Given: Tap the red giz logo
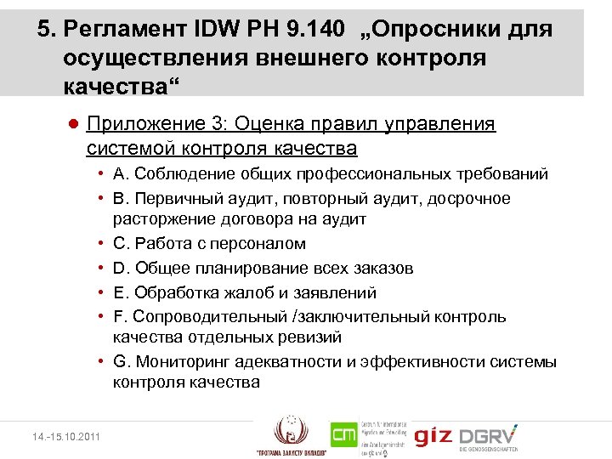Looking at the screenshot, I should [432, 437].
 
